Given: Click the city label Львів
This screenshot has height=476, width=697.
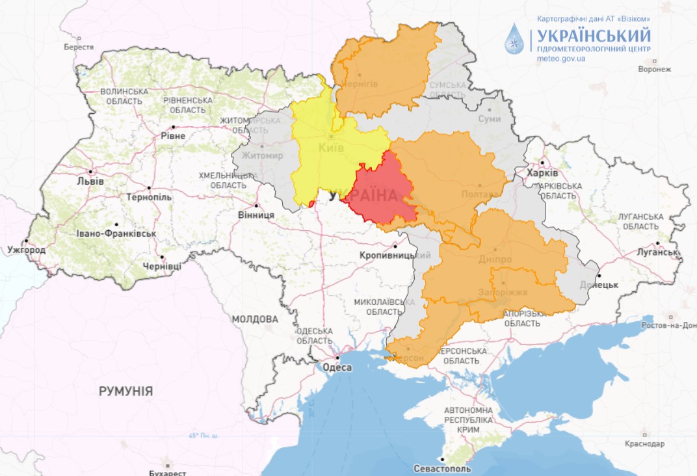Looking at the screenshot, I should (90, 181).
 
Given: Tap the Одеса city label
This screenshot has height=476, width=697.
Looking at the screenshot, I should (337, 368).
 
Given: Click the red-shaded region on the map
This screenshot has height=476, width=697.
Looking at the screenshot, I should (380, 192).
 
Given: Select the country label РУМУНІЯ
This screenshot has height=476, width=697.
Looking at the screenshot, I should (126, 391).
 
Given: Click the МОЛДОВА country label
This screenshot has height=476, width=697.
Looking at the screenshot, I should (254, 319).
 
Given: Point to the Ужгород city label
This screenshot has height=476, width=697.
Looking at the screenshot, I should (27, 250).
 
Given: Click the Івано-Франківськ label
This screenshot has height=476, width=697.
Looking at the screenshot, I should (116, 233).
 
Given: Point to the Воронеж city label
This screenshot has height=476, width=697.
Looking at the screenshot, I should (655, 68).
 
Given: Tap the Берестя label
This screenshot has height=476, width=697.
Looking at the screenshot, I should (79, 47).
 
